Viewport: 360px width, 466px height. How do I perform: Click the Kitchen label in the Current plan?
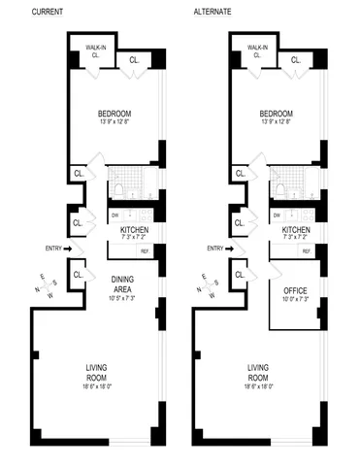pyautogui.click(x=133, y=229)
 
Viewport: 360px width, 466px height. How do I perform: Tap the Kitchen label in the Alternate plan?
pyautogui.click(x=296, y=229)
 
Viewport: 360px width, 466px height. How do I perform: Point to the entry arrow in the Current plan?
pyautogui.click(x=69, y=249)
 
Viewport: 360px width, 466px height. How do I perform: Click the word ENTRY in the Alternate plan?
pyautogui.click(x=215, y=249)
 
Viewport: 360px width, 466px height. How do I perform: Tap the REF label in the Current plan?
pyautogui.click(x=144, y=251)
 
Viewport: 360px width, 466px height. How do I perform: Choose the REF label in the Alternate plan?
pyautogui.click(x=307, y=251)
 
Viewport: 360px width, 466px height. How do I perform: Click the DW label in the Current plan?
pyautogui.click(x=115, y=214)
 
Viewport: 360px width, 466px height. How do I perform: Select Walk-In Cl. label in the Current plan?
pyautogui.click(x=95, y=51)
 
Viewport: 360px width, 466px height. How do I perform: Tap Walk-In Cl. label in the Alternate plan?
pyautogui.click(x=258, y=51)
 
